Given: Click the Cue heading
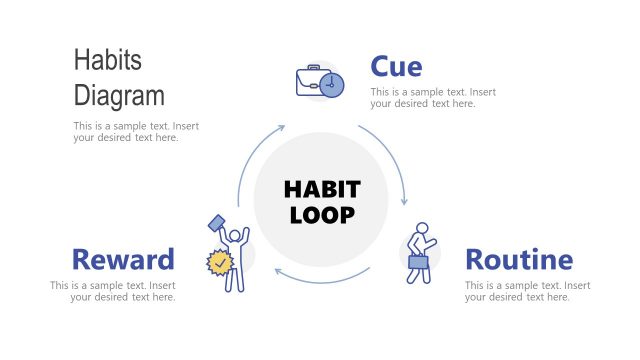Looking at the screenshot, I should click(396, 67).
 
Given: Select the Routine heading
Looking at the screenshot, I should click(519, 260).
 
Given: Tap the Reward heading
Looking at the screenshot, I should click(123, 260).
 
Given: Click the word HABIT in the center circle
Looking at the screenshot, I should click(321, 189).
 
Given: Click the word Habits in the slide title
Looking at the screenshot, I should click(108, 60).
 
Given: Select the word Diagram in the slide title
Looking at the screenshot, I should click(119, 96).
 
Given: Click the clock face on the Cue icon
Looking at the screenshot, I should click(333, 85).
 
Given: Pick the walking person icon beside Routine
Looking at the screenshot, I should click(420, 252).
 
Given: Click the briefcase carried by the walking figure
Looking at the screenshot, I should click(418, 262).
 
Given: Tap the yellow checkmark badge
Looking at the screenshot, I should click(219, 263).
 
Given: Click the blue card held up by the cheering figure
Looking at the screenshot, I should click(217, 224).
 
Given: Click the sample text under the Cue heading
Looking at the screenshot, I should click(433, 98).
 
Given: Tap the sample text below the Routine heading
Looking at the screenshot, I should click(528, 291).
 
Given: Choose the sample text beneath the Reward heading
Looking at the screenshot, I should click(113, 291).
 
